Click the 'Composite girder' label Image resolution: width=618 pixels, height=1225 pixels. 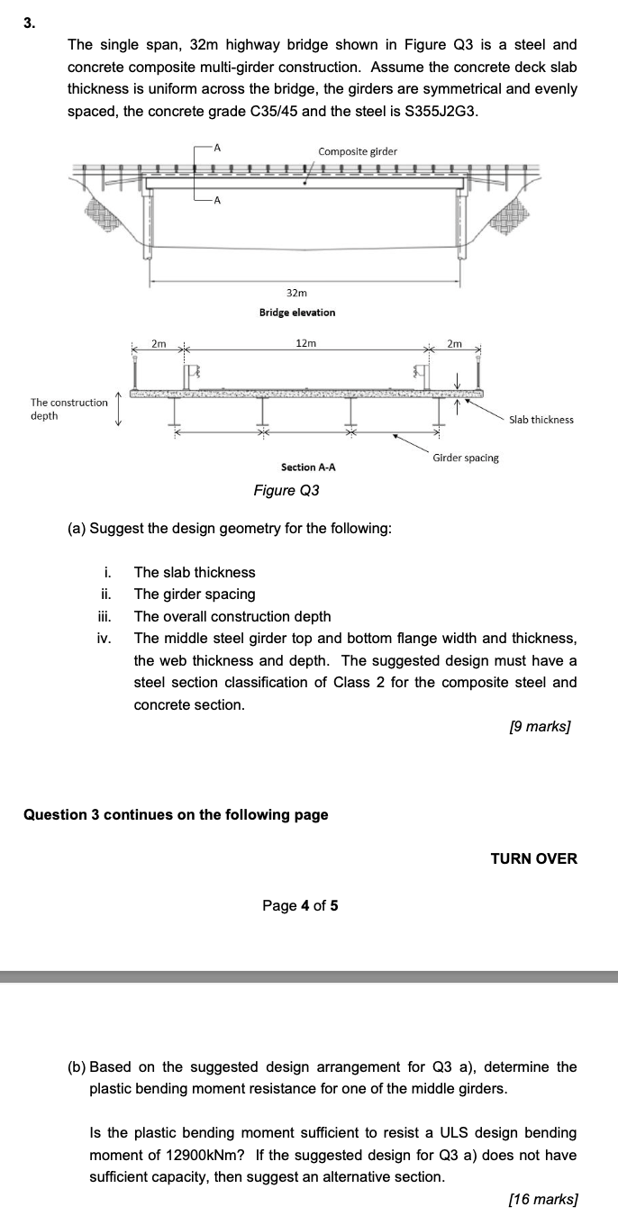(358, 150)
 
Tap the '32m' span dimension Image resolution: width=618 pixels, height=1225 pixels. (296, 294)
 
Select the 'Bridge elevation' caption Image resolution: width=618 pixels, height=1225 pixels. (297, 313)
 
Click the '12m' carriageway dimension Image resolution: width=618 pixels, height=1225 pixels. (306, 342)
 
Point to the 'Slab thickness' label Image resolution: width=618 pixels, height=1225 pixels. (541, 420)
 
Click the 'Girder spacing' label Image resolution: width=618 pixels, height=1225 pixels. (466, 458)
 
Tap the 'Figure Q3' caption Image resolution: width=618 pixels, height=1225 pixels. (286, 490)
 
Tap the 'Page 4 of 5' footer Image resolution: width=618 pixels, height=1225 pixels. (300, 905)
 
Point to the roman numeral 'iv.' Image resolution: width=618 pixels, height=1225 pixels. (104, 638)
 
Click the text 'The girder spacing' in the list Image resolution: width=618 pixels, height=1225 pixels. (195, 594)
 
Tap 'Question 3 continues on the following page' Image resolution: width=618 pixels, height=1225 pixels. (176, 814)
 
